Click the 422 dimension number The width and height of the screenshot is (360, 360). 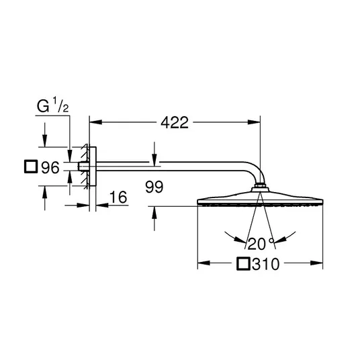(175, 123)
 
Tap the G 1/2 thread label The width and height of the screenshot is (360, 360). (53, 105)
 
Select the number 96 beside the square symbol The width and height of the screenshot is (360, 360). (50, 167)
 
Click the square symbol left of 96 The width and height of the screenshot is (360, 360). (31, 167)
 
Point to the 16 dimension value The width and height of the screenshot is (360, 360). (118, 197)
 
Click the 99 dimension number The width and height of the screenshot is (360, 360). (154, 187)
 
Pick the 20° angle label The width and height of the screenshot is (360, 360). (261, 244)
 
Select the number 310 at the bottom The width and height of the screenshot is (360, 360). (266, 264)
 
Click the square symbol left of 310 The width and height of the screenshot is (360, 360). (243, 263)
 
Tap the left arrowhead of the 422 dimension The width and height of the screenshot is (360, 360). (95, 122)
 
